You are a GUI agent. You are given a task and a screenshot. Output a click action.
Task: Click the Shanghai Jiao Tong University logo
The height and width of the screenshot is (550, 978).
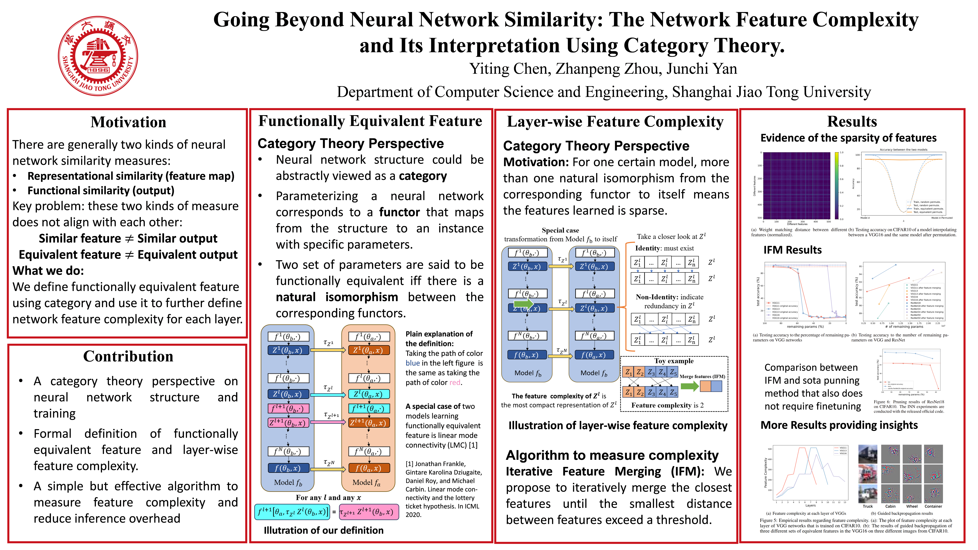tap(98, 56)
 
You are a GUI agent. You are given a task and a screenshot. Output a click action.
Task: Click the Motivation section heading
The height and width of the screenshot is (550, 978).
tap(128, 122)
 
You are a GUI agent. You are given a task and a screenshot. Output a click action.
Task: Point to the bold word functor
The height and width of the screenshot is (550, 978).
tap(399, 212)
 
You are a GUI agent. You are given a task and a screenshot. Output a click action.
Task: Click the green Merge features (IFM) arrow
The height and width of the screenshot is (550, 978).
tap(689, 386)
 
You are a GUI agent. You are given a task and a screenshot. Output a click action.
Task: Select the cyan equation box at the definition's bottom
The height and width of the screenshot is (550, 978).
tap(291, 512)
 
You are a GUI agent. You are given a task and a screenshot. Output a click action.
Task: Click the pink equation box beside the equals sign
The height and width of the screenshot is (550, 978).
tap(369, 512)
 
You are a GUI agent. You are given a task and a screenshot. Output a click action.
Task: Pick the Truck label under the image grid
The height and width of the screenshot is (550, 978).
tap(868, 506)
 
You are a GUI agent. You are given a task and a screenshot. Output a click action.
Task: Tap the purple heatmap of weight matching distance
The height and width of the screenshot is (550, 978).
tap(796, 185)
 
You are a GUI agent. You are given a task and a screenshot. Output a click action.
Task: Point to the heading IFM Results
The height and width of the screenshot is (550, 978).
tap(792, 250)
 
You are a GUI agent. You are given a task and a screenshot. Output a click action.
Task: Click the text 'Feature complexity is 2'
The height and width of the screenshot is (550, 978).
tap(667, 405)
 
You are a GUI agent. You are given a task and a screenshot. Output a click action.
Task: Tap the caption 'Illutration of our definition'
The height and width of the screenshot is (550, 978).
tap(323, 530)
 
